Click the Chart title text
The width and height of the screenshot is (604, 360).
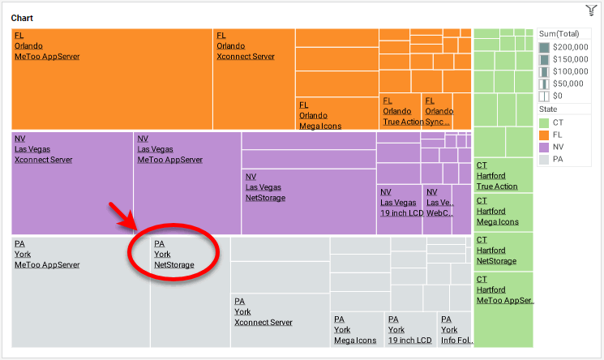[x=23, y=18]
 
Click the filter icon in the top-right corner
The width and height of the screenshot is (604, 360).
[x=591, y=10]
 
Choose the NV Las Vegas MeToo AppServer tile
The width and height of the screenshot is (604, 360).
[x=186, y=182]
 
